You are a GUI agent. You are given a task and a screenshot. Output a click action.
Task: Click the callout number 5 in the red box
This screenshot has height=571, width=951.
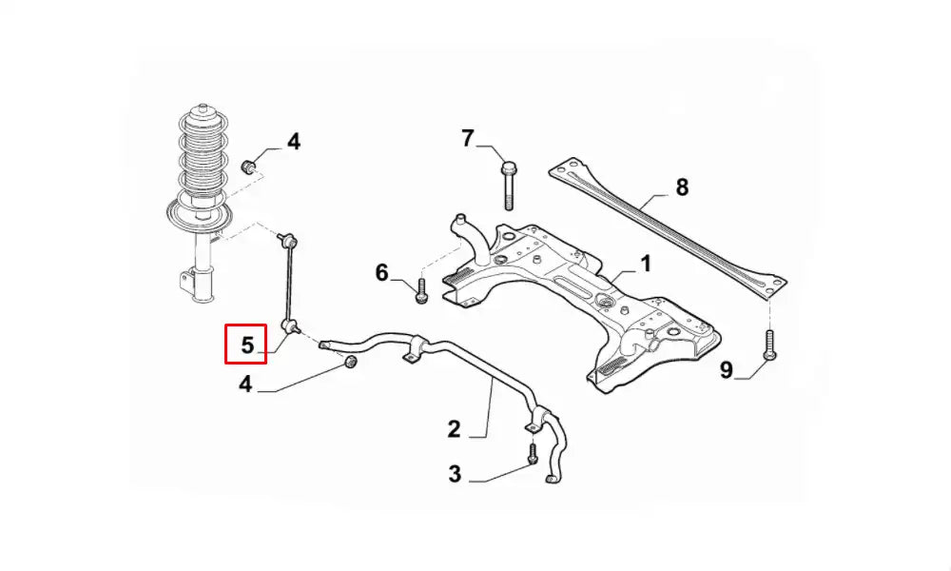[247, 345]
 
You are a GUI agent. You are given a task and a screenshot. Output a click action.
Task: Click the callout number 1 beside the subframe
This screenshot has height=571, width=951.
[646, 264]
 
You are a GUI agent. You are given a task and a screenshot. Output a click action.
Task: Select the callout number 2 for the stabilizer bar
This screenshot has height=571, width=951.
[454, 429]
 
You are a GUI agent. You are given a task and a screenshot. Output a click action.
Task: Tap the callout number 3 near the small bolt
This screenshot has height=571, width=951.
[455, 473]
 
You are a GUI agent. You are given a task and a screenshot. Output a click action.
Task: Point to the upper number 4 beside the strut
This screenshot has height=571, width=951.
[294, 142]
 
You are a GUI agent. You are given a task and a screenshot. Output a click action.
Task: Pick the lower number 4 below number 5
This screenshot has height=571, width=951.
[245, 384]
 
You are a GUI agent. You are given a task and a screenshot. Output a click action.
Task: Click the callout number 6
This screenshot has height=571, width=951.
[381, 272]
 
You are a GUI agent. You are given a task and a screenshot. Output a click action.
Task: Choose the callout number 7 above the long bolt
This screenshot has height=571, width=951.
[467, 138]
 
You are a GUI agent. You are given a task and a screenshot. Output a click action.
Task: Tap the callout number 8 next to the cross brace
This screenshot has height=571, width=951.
[682, 187]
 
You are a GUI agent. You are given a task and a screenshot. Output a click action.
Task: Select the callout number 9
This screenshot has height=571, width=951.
[726, 369]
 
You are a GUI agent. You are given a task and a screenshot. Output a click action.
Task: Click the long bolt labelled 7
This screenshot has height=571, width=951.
[508, 185]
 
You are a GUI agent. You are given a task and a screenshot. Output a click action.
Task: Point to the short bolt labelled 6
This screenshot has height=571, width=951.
[421, 290]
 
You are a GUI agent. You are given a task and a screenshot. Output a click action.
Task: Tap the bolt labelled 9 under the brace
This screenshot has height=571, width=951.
[769, 345]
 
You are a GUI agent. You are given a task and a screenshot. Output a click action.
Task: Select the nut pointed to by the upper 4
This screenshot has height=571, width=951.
[248, 165]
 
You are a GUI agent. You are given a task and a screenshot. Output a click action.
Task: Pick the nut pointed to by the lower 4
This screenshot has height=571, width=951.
[350, 362]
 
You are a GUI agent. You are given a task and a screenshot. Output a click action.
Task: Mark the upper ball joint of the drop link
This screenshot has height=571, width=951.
[289, 242]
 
